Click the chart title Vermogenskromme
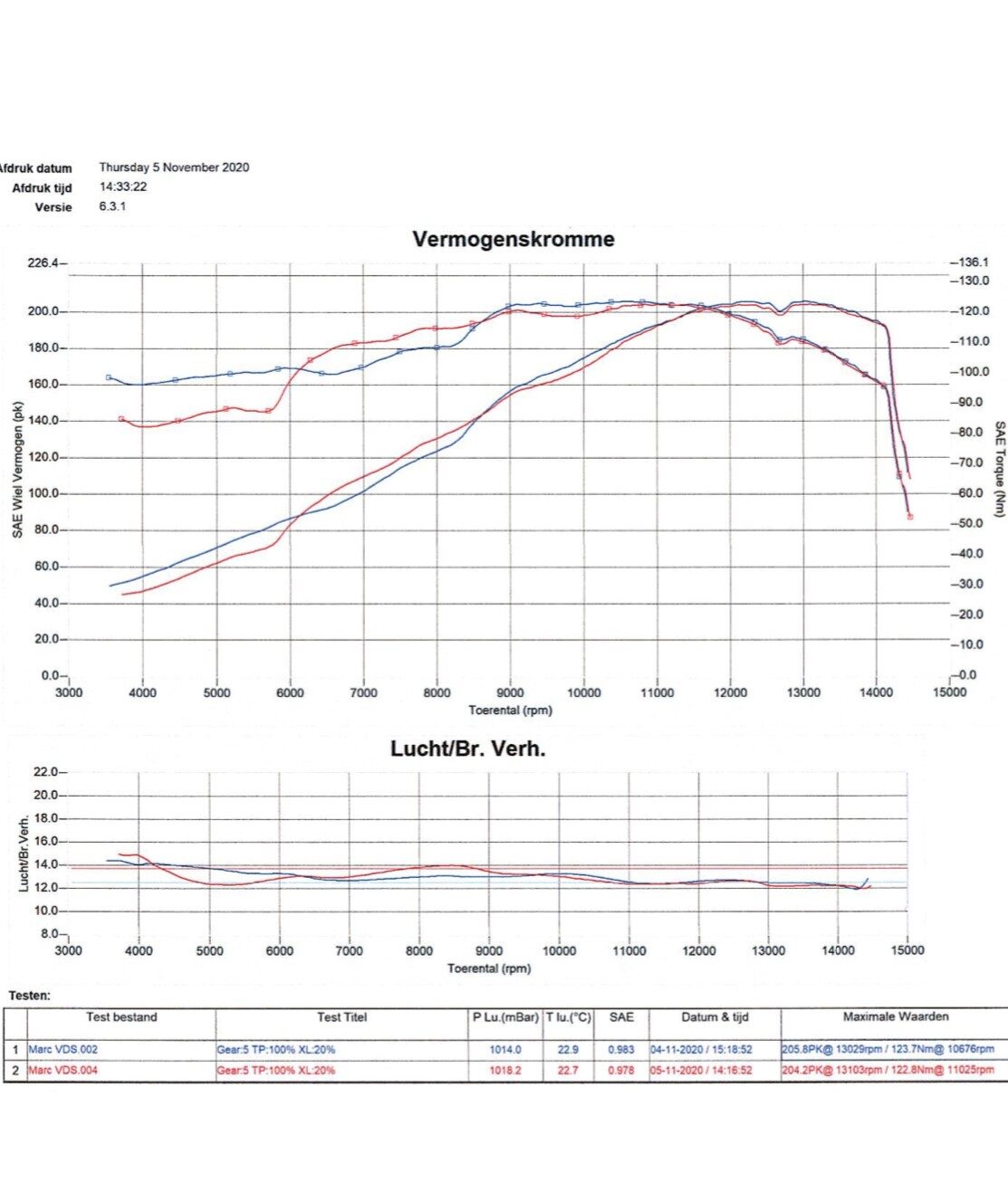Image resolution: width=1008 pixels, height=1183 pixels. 513,240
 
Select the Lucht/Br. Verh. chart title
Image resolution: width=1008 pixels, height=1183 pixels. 467,749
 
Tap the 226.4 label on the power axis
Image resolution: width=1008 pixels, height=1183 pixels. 43,263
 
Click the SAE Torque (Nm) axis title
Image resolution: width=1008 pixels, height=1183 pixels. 999,469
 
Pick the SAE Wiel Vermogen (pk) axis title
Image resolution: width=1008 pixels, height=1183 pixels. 18,471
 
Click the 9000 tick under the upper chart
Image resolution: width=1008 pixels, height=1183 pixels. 510,693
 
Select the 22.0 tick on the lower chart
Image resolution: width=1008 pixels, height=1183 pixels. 45,772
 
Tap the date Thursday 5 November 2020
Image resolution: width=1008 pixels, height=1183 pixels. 174,167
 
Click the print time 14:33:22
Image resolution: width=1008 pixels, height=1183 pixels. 123,187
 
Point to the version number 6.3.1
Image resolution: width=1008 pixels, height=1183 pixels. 112,206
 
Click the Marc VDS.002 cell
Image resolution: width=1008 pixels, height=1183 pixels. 63,1050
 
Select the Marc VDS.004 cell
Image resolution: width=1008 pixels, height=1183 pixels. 63,1070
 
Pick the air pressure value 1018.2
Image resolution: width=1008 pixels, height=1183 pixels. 505,1070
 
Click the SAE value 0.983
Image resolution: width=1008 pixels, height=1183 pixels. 621,1050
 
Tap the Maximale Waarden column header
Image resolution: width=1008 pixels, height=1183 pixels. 896,1017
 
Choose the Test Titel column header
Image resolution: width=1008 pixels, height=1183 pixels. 342,1017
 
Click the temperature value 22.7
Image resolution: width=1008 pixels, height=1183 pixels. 568,1070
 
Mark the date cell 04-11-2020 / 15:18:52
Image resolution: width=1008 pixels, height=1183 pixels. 701,1050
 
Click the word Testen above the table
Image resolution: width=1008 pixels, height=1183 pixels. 29,996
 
